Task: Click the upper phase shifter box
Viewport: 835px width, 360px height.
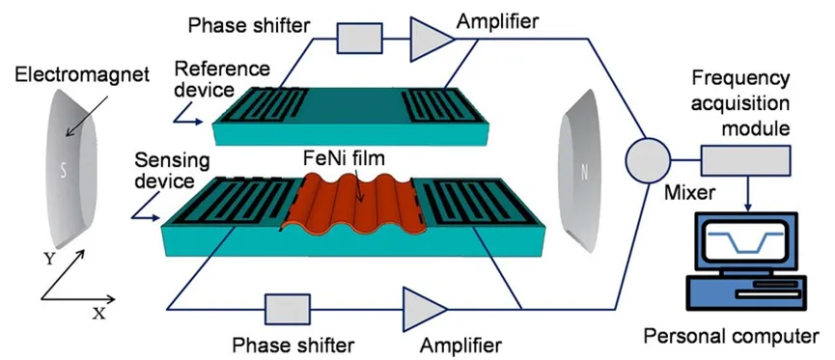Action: [360, 38]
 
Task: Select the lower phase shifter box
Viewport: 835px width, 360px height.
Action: [288, 310]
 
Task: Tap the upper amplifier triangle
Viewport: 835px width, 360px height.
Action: [431, 39]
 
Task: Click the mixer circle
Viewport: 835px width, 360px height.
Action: [648, 160]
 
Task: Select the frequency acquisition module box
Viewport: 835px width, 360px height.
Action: [745, 160]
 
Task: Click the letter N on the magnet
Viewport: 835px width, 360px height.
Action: [584, 172]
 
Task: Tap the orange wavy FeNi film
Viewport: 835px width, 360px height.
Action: [353, 205]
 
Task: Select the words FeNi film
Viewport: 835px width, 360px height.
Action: [343, 158]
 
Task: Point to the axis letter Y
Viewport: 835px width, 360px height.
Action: [49, 260]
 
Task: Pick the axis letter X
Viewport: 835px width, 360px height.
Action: [99, 315]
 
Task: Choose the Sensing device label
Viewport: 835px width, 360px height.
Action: [172, 171]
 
